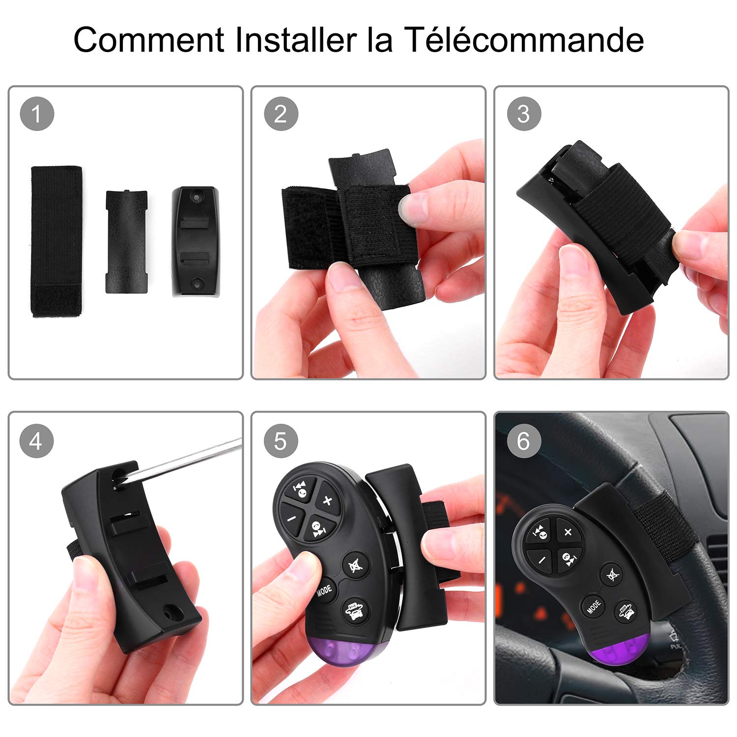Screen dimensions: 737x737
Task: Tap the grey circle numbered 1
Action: point(37,114)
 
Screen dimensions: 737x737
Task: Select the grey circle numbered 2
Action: point(281,114)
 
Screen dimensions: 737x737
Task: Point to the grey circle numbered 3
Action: point(524,114)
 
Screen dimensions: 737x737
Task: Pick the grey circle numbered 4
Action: point(36,441)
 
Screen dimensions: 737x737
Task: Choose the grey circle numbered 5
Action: point(281,441)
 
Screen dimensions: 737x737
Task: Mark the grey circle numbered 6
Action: point(524,441)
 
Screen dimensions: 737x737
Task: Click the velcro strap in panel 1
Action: point(57,241)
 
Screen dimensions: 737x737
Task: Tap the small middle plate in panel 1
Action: point(126,242)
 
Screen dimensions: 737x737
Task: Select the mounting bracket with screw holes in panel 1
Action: point(195,241)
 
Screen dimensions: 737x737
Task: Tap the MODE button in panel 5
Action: point(324,590)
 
